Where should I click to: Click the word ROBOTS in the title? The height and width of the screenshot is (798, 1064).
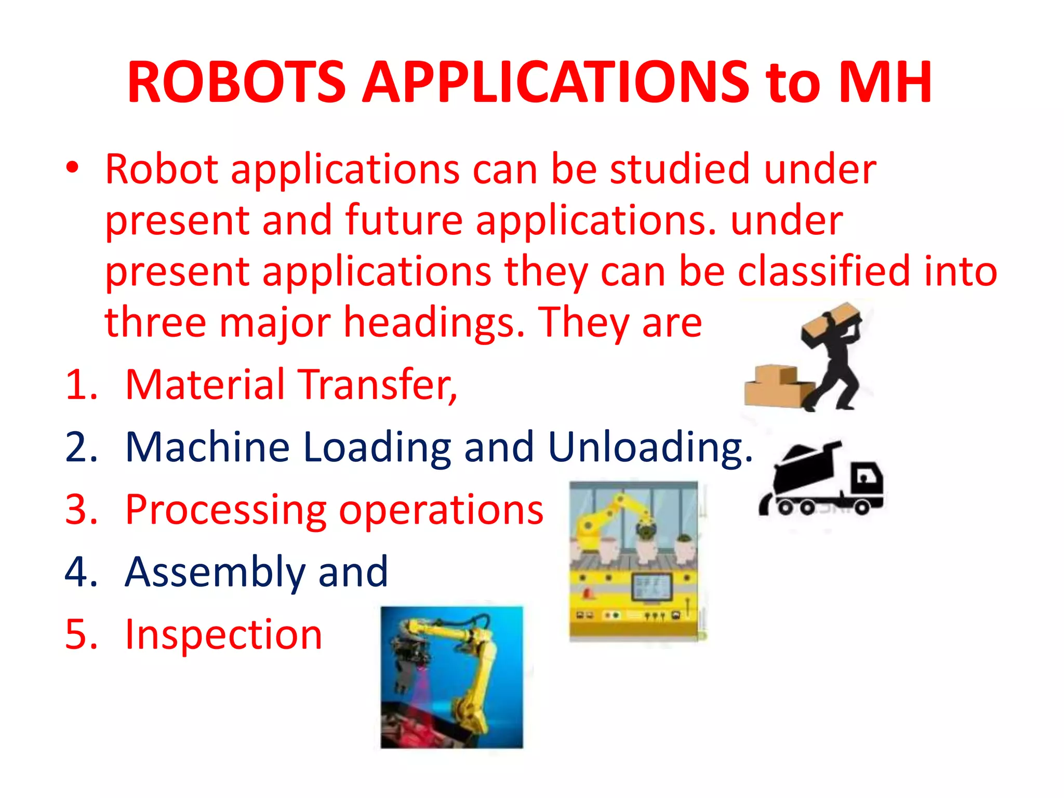236,82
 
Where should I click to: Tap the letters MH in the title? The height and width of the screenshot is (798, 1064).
885,82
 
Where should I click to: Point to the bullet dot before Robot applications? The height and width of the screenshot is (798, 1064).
72,168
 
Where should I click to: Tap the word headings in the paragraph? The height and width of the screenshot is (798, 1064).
434,323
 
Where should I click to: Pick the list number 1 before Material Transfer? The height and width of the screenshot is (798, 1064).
81,385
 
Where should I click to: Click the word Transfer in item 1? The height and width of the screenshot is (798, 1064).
379,385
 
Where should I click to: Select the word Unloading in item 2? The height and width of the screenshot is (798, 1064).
649,447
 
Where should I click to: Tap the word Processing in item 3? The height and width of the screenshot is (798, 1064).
226,511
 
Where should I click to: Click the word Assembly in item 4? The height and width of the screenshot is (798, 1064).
215,573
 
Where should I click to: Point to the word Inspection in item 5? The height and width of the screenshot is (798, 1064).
224,635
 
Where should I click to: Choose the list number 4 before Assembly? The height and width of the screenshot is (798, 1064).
81,573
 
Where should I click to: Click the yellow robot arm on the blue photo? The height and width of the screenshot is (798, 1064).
470,670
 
